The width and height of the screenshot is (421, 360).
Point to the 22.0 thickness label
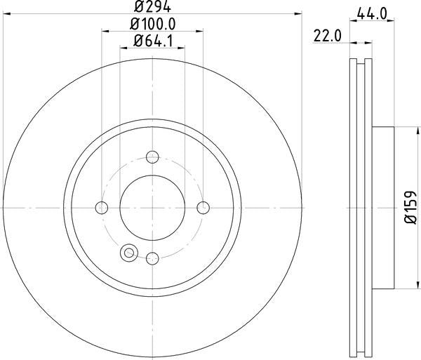(x=326, y=34)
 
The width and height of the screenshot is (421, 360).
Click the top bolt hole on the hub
(x=153, y=156)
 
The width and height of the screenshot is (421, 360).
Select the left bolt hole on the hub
(x=102, y=207)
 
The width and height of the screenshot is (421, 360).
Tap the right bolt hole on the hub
(x=203, y=207)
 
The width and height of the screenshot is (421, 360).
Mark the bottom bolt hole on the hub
(x=153, y=258)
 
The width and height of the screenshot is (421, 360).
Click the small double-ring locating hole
(x=128, y=252)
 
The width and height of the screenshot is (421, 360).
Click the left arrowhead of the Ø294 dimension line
(x=6, y=14)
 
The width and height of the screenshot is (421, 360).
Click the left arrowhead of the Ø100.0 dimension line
(x=105, y=31)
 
